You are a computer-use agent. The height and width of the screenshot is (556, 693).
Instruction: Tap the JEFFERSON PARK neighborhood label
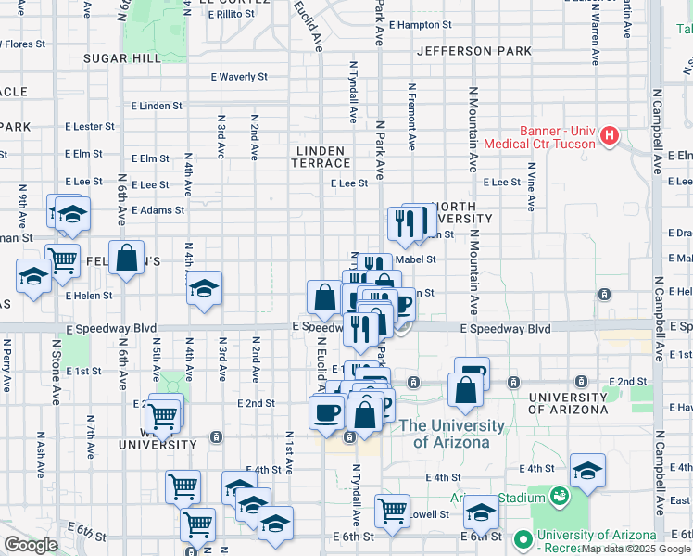[x=473, y=50]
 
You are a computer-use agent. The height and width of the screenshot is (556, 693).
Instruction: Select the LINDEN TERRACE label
[x=321, y=157]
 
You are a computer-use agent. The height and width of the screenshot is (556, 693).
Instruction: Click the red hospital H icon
[x=609, y=136]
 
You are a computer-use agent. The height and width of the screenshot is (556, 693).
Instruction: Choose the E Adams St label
[x=157, y=210]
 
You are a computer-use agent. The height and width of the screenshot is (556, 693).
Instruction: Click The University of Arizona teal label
[x=451, y=434]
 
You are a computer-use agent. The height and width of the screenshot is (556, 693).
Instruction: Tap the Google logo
[x=31, y=545]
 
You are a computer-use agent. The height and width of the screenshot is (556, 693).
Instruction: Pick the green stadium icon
[x=559, y=497]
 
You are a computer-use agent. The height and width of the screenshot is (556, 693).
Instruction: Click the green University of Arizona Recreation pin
[x=523, y=538]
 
